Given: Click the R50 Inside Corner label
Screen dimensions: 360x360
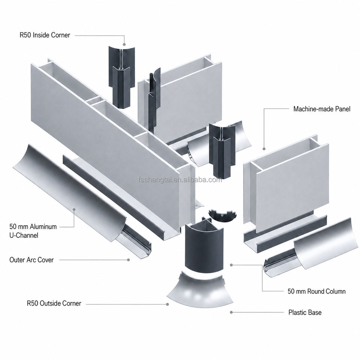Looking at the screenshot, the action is pos(45,35).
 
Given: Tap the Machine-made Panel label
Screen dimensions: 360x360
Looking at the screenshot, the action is pos(322,109).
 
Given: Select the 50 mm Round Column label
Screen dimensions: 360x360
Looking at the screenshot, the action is pos(316,291).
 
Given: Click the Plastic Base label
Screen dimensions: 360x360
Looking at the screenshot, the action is pos(305,312).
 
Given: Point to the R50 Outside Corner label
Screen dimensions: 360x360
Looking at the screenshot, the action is pos(54,303).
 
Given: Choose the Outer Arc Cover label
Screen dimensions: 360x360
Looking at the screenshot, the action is pos(31,260).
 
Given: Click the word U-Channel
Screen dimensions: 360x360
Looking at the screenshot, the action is pos(24,235).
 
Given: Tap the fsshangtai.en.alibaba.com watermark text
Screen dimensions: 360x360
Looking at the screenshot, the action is pos(180,180).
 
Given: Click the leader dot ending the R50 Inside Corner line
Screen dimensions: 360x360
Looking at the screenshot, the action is pos(124,44).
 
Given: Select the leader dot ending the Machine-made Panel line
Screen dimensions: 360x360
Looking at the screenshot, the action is pos(264,149).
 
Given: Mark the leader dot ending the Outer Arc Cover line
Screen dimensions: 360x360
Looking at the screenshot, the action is pos(129,260).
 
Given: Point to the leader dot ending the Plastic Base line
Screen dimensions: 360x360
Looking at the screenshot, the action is pos(231,312).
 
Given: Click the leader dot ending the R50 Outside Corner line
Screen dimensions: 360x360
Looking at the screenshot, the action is pos(168,304).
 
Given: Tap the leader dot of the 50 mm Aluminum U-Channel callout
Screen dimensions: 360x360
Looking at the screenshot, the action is pos(74,209).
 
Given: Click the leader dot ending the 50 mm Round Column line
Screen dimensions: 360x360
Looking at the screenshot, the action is pos(231,265).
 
